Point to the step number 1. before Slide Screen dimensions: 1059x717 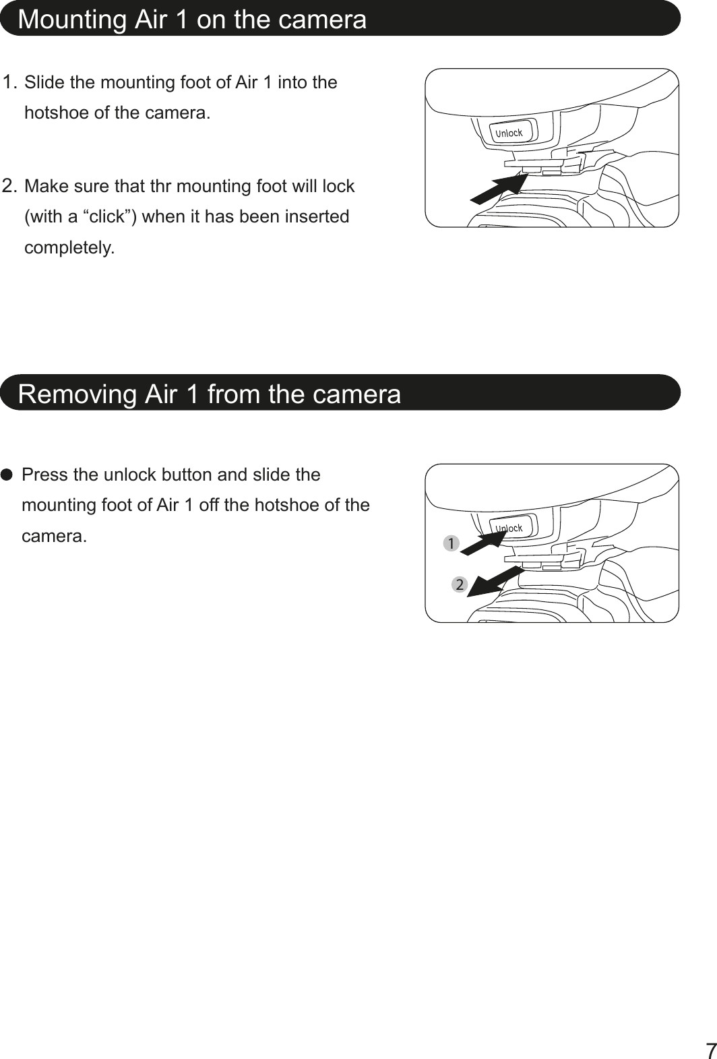click(x=10, y=83)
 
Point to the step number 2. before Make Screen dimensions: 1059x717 click(x=10, y=185)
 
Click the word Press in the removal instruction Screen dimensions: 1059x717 click(x=44, y=475)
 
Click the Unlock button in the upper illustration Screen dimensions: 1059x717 click(x=510, y=133)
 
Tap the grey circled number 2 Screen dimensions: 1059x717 click(x=459, y=584)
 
